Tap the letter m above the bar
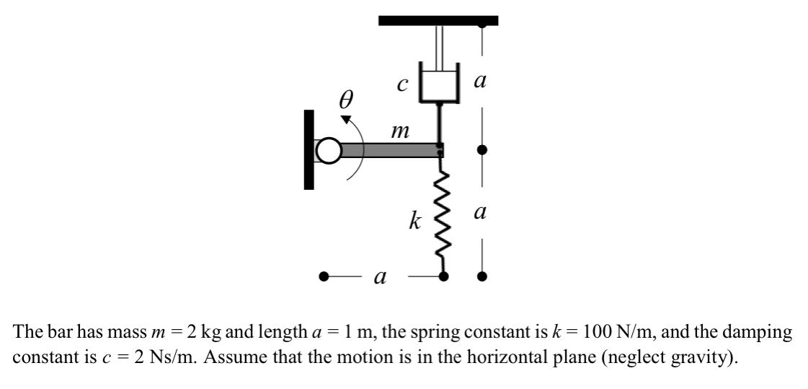click(x=399, y=132)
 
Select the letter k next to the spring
click(x=414, y=222)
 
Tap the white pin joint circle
click(x=328, y=151)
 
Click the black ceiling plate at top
click(x=438, y=20)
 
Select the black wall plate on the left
click(x=309, y=149)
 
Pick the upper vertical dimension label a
click(x=481, y=82)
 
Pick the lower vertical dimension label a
click(x=481, y=212)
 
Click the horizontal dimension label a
click(x=378, y=276)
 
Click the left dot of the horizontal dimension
click(x=325, y=276)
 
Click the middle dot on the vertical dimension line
click(x=482, y=150)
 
